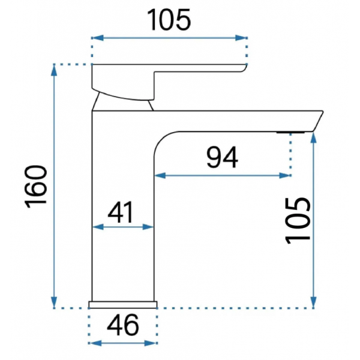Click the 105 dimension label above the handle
169,20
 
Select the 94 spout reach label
222,157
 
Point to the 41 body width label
121,212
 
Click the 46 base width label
123,325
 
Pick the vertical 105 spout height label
298,220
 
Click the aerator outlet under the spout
290,133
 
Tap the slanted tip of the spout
318,121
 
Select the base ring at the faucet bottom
123,304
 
